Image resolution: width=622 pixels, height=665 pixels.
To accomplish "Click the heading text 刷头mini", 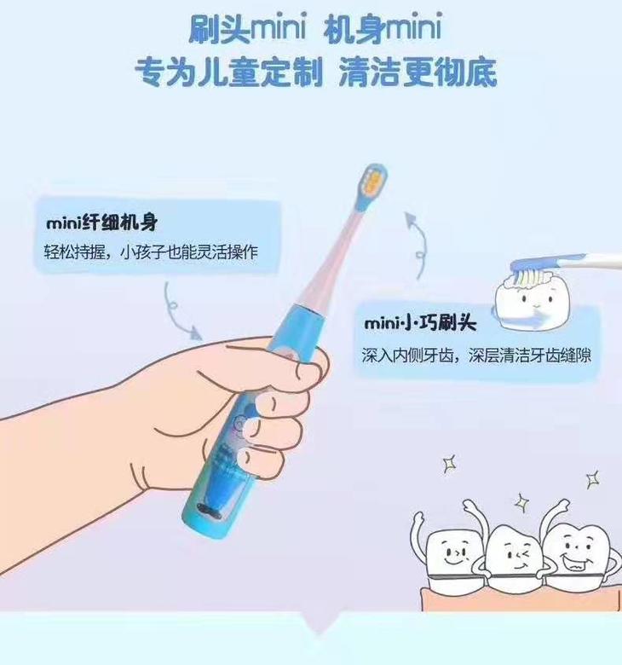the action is pyautogui.click(x=247, y=29).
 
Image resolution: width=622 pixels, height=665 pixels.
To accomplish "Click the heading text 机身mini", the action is pyautogui.click(x=382, y=29).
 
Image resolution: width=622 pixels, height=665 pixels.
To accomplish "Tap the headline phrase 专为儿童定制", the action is pyautogui.click(x=229, y=72).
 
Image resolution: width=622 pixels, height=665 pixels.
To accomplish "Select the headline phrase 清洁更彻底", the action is pyautogui.click(x=418, y=72).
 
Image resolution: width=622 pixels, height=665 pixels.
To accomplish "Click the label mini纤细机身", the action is pyautogui.click(x=101, y=223).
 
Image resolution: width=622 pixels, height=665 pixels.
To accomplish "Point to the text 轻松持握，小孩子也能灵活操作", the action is pyautogui.click(x=152, y=252).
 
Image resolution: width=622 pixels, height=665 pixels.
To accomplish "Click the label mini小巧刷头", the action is pyautogui.click(x=420, y=323).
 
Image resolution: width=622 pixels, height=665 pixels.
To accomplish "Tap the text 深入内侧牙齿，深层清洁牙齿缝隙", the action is pyautogui.click(x=476, y=356).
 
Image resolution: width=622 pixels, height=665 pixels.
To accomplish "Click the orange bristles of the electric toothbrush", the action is pyautogui.click(x=374, y=179).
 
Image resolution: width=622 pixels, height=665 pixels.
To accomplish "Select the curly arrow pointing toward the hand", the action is pyautogui.click(x=178, y=312).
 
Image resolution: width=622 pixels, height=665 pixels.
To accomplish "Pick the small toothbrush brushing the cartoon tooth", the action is pyautogui.click(x=564, y=265).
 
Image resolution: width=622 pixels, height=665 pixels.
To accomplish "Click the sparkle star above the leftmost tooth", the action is pyautogui.click(x=449, y=464).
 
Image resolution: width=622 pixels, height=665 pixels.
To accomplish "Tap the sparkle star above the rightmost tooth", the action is pyautogui.click(x=593, y=480).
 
